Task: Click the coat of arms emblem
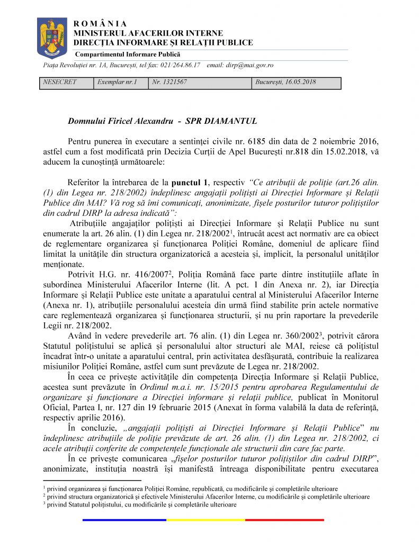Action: [52, 38]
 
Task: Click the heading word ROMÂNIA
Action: [100, 24]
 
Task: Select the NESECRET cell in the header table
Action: [59, 83]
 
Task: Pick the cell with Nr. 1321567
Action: [170, 83]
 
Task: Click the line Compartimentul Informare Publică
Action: [128, 55]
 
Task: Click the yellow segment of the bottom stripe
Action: [206, 520]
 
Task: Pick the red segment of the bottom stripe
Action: [284, 520]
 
